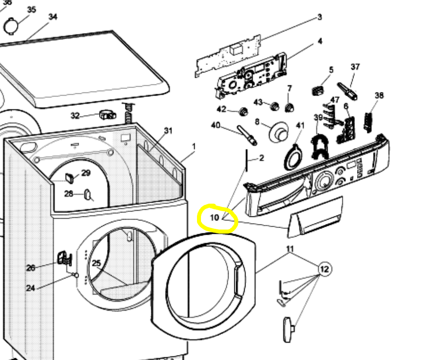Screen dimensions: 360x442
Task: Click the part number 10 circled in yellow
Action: point(215,218)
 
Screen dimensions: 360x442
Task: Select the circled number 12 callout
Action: point(325,269)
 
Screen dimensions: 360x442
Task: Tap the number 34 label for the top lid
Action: point(53,17)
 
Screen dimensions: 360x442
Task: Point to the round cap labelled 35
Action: point(10,25)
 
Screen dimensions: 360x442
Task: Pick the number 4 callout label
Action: point(320,41)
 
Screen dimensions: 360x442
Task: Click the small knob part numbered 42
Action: point(243,110)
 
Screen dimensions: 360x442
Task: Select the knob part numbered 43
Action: point(274,106)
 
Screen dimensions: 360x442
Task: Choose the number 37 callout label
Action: point(355,67)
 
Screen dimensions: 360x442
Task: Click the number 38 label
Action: point(379,95)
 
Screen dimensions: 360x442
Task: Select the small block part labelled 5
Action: point(317,91)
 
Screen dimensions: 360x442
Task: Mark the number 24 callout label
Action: point(30,288)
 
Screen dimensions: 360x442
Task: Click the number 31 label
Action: point(168,130)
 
